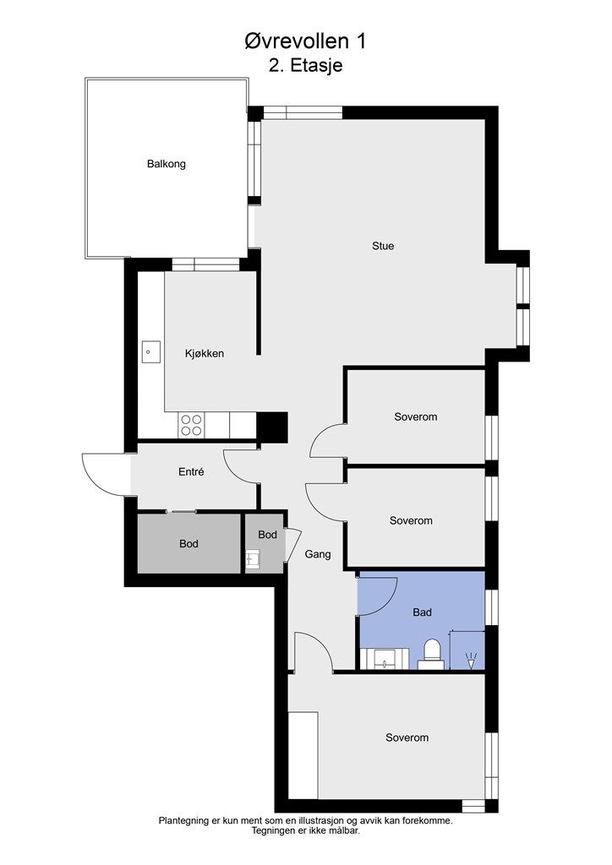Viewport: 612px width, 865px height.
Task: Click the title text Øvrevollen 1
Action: [x=305, y=41]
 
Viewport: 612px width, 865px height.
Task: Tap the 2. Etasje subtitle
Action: [x=306, y=65]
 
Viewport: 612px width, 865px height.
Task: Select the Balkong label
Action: [x=167, y=164]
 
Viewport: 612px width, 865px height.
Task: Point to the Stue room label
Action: [x=383, y=246]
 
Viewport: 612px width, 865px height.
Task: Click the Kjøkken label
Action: [x=205, y=354]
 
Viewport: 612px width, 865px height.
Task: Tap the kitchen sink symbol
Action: [x=150, y=352]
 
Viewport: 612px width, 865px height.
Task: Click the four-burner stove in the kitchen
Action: [x=192, y=426]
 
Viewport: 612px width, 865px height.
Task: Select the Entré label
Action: [x=192, y=471]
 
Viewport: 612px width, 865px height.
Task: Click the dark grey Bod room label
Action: [x=189, y=544]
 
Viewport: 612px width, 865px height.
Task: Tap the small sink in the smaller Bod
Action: [x=252, y=559]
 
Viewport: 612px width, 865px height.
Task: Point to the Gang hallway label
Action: [x=318, y=554]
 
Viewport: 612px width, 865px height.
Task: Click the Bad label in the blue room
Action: [x=422, y=612]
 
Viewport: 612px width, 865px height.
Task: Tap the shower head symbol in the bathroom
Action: [x=471, y=661]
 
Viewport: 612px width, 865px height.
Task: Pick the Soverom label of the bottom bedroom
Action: [x=407, y=737]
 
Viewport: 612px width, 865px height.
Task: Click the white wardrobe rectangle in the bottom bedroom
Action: [x=303, y=754]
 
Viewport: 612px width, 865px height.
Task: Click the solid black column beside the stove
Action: [x=273, y=427]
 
